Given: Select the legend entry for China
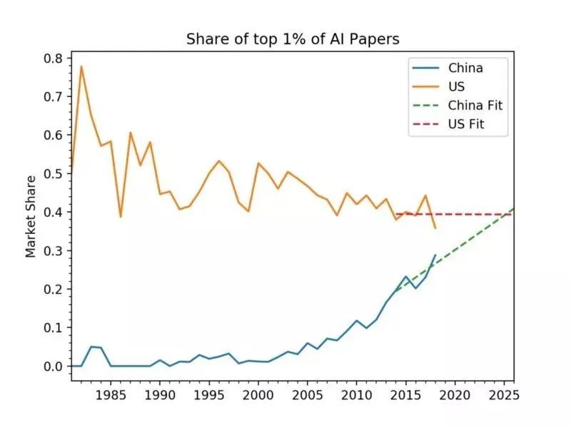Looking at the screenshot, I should [465, 68].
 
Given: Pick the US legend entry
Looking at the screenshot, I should [457, 87].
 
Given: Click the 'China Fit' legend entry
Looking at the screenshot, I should [475, 106].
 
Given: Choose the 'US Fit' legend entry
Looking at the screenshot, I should [468, 125].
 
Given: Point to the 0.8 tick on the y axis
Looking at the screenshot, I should [54, 58].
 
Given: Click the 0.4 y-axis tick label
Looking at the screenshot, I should [54, 213].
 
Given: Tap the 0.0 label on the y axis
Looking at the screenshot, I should [54, 367].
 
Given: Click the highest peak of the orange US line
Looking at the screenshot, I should [81, 66].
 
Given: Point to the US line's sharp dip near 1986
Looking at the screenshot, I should [121, 217].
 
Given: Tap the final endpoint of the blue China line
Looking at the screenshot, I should [435, 255].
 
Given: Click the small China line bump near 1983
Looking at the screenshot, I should [91, 347].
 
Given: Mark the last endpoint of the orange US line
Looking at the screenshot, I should [435, 228].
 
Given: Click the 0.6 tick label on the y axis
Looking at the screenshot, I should [54, 135].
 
